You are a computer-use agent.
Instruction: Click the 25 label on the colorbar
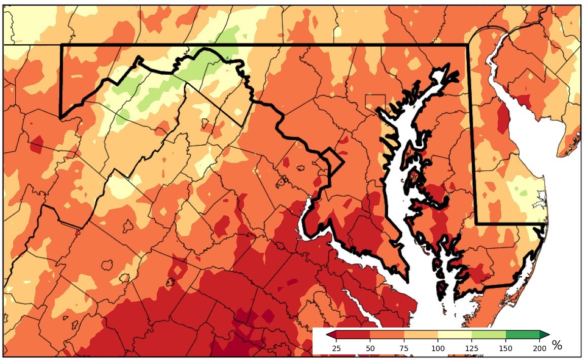click(x=336, y=348)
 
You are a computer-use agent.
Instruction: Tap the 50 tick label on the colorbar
click(x=370, y=348)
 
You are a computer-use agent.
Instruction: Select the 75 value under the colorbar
click(x=404, y=348)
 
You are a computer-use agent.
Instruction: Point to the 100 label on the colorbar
click(x=438, y=348)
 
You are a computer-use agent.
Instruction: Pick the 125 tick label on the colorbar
click(x=472, y=348)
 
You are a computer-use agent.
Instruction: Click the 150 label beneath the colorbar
click(x=506, y=348)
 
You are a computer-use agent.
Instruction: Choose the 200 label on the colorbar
click(x=540, y=348)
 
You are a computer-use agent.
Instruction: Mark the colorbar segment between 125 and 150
click(x=489, y=334)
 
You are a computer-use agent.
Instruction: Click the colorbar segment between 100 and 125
click(x=455, y=334)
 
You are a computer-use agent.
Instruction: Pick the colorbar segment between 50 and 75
click(x=387, y=334)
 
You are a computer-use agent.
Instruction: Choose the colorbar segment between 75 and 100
click(x=421, y=334)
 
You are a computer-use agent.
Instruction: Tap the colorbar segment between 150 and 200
click(x=523, y=334)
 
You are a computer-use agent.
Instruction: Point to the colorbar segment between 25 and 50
click(x=353, y=334)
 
